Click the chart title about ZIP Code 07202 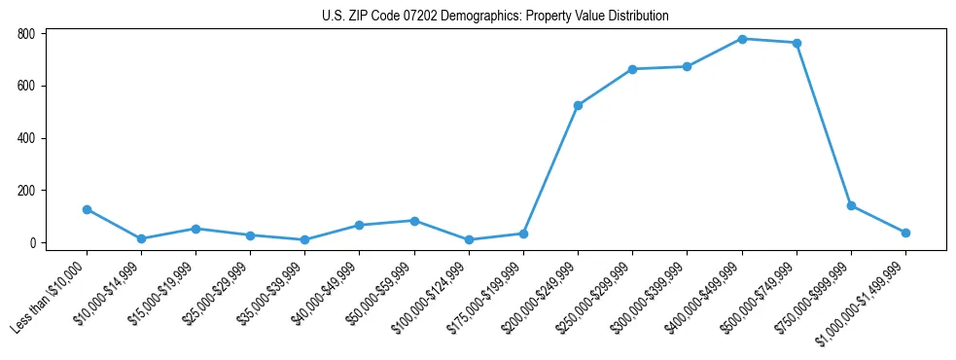(495, 17)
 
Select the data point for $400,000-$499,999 (742, 39)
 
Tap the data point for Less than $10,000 (87, 209)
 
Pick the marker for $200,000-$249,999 (578, 105)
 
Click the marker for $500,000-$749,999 (797, 43)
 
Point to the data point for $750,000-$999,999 (851, 205)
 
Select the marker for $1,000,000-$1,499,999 (905, 233)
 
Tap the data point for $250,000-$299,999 (632, 69)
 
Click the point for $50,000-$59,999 (414, 221)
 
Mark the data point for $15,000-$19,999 (195, 229)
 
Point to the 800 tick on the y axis (26, 33)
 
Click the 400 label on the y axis (26, 138)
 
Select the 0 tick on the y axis (32, 242)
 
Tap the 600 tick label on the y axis (26, 86)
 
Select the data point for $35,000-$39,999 (304, 239)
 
